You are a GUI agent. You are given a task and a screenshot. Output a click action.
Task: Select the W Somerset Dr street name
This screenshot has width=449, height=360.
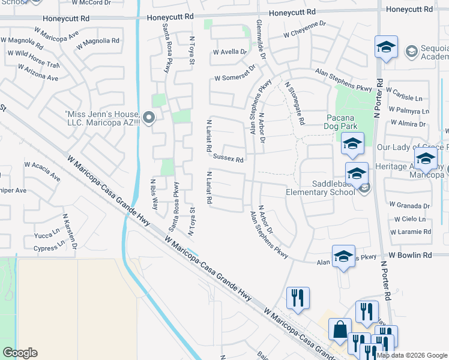tap(235, 78)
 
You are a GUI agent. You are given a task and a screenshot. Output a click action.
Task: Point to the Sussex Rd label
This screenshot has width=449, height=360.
tap(228, 159)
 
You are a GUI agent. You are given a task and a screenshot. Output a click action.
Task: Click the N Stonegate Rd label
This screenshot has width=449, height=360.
tap(295, 103)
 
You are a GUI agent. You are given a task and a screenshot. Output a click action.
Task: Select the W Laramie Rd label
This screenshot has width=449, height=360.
tap(411, 231)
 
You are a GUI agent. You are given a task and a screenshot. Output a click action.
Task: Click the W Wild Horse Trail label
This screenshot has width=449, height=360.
tap(32, 59)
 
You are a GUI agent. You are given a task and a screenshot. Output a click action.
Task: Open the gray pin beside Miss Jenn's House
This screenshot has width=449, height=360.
tap(149, 118)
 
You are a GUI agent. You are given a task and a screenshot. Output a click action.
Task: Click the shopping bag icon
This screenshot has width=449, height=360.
tap(340, 329)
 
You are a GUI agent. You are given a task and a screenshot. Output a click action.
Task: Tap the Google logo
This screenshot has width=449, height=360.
tap(20, 352)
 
